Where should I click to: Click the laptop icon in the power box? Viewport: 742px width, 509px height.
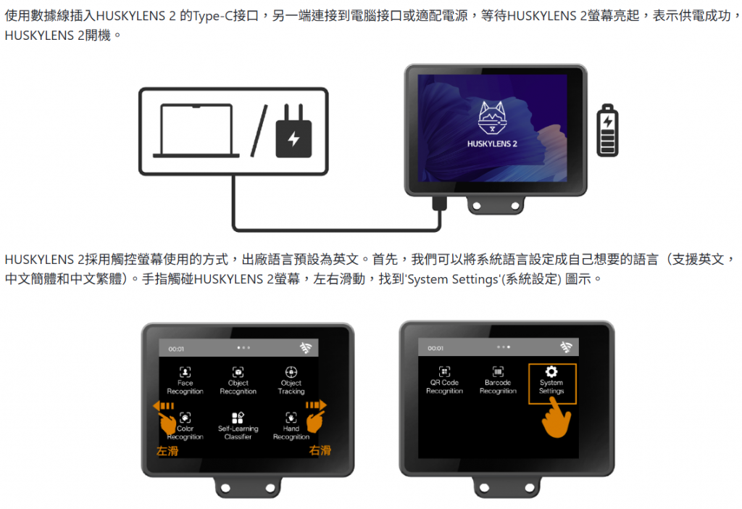[x=196, y=131]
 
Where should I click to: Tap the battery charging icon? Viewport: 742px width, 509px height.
[x=608, y=131]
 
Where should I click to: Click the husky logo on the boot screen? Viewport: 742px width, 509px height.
[x=492, y=118]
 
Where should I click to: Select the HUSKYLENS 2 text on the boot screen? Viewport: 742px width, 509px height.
[x=492, y=144]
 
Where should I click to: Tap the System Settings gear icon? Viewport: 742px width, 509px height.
[x=551, y=371]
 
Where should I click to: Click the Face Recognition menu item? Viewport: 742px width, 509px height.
[x=185, y=381]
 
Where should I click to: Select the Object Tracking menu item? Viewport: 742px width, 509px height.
[x=291, y=381]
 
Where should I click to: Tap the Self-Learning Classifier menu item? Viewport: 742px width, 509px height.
[x=238, y=426]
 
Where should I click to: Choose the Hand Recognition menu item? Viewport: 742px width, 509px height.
[x=291, y=426]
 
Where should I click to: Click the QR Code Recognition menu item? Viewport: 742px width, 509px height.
[x=444, y=380]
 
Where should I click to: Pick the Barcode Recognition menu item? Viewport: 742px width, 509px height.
[x=498, y=380]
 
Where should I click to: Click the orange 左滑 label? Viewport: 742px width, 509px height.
[x=167, y=451]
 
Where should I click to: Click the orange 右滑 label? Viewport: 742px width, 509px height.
[x=320, y=450]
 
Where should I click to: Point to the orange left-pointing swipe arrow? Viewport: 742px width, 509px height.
[x=163, y=406]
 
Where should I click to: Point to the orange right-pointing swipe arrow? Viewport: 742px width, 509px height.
[x=316, y=405]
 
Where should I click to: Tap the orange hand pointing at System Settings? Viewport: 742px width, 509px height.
[x=556, y=418]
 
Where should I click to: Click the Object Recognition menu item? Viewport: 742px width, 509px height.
[x=238, y=381]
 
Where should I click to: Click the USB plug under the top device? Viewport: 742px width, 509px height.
[x=439, y=204]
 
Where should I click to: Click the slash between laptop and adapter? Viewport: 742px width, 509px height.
[x=259, y=131]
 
